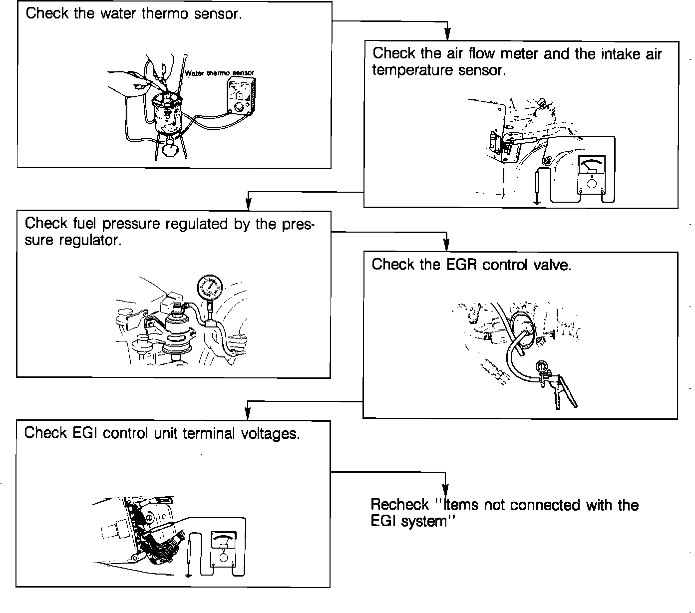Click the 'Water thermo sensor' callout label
click(219, 73)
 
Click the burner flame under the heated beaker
click(171, 149)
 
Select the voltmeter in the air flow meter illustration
click(592, 175)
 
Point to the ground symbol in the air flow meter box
click(537, 201)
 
